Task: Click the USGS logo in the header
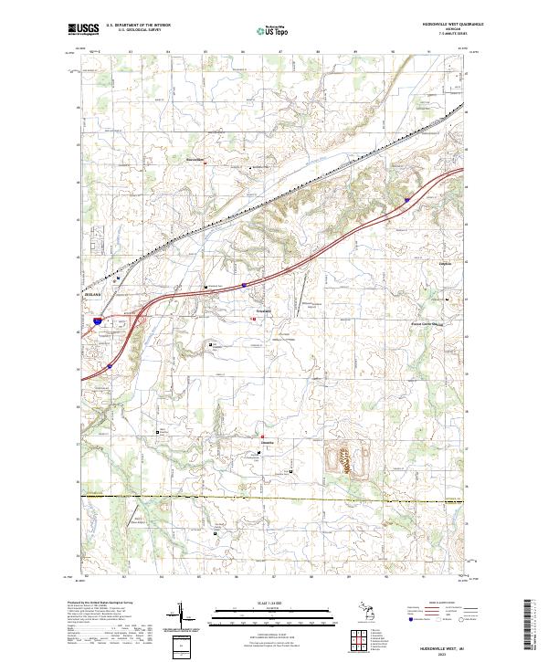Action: [85, 29]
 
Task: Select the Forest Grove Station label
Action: [424, 322]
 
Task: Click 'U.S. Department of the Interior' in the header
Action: [138, 26]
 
